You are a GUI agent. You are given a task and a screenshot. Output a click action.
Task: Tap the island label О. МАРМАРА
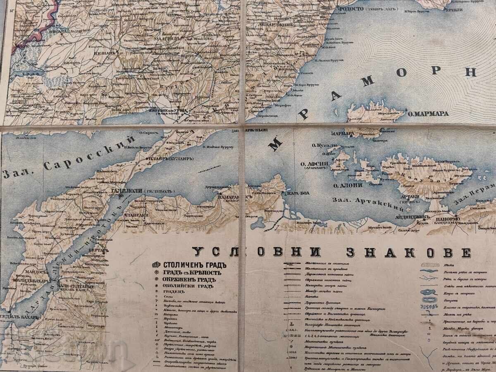pos(428,113)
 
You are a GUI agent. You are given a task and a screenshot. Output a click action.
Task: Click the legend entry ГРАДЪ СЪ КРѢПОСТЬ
pos(192,272)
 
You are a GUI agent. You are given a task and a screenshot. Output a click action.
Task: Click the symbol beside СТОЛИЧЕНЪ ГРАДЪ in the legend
pos(156,265)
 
